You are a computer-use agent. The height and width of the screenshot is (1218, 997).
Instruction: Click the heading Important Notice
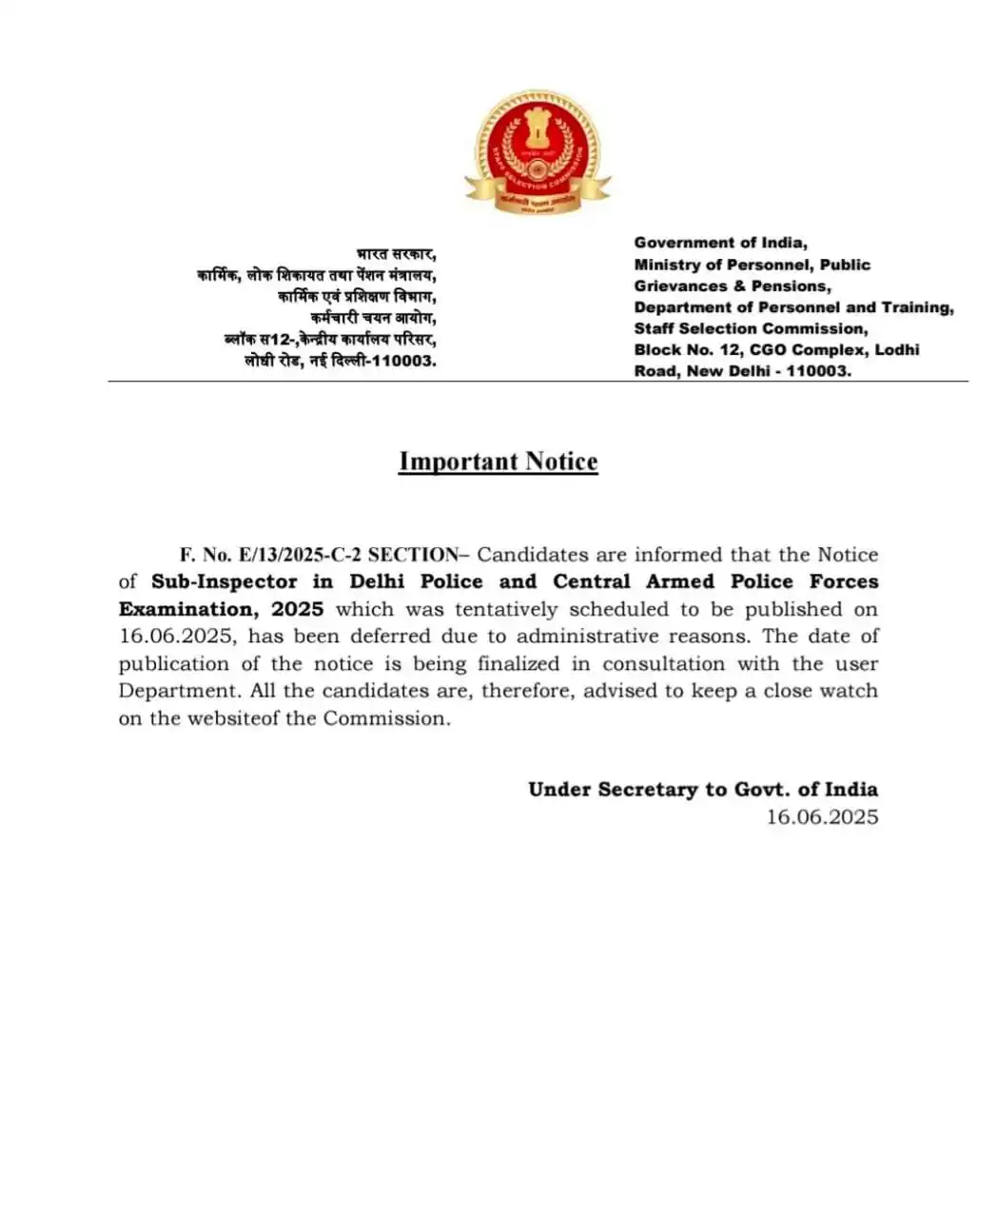tap(498, 462)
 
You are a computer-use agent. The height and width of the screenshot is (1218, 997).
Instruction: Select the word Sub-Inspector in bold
tap(224, 581)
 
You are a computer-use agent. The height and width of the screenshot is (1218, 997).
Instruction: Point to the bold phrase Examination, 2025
tap(221, 609)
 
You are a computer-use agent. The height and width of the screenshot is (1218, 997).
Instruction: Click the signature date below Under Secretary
tap(822, 816)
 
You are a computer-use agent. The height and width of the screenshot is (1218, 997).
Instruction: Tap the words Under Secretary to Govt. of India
tap(702, 789)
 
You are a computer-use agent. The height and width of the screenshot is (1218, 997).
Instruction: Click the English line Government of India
tap(720, 243)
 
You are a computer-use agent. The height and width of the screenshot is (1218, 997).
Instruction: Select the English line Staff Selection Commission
tap(751, 328)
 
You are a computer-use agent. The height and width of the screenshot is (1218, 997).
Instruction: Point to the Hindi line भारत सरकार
tap(396, 254)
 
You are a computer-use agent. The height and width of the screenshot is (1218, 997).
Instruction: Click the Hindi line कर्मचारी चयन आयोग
tap(373, 318)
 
